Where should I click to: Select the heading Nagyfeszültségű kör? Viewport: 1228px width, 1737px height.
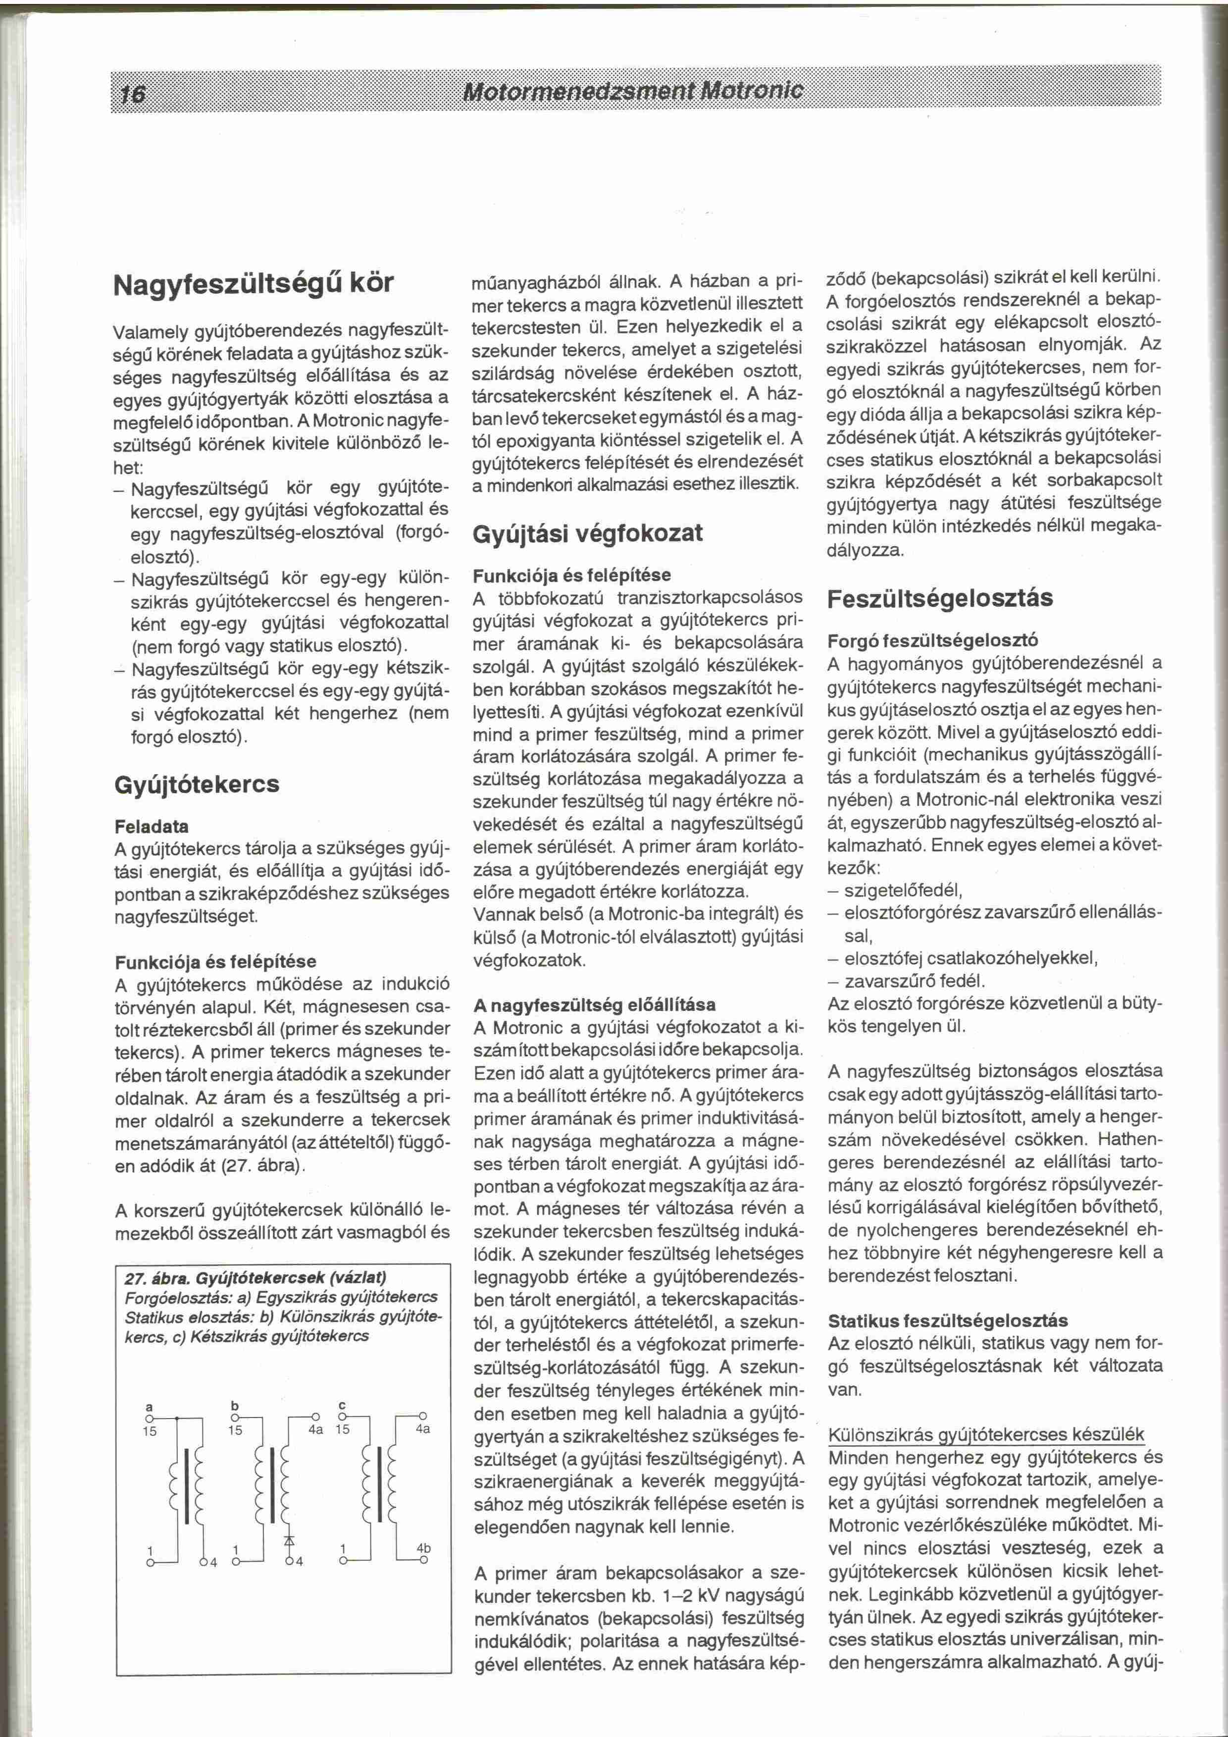click(x=254, y=283)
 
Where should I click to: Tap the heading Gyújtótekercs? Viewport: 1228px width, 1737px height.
click(x=197, y=784)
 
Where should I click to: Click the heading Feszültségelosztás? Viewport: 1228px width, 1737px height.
click(x=940, y=598)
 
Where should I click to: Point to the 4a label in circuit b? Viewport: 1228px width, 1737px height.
click(x=315, y=1430)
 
